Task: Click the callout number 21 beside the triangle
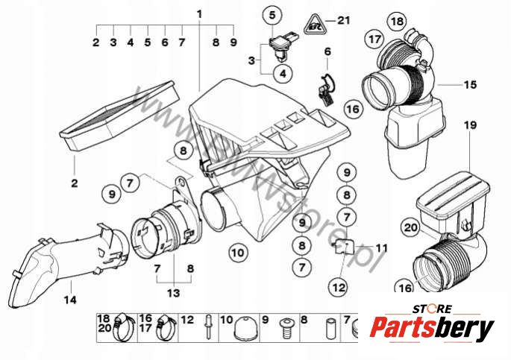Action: [x=342, y=20]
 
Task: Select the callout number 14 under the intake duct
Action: [x=69, y=302]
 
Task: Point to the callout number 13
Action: [x=172, y=293]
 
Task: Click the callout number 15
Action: [x=469, y=85]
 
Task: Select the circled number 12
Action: [x=338, y=285]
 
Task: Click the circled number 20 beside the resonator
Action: [x=410, y=227]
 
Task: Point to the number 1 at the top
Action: [x=199, y=14]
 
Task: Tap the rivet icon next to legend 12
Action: [x=212, y=326]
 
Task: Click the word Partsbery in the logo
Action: [x=433, y=329]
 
